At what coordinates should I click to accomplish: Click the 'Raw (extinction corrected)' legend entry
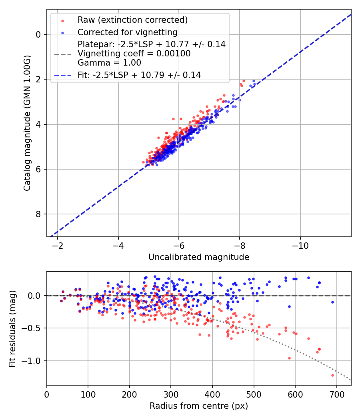tap(132, 20)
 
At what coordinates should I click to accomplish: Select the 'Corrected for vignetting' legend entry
tap(127, 32)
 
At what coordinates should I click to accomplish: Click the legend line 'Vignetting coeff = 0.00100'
tap(134, 54)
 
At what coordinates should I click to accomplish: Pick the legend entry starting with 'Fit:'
tap(139, 75)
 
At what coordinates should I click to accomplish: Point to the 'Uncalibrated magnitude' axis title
tap(199, 257)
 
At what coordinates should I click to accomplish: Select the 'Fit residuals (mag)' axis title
tap(12, 328)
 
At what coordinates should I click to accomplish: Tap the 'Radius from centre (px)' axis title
tap(199, 406)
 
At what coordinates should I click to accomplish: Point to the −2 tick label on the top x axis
tap(58, 245)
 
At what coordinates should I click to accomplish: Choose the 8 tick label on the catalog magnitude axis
tap(39, 214)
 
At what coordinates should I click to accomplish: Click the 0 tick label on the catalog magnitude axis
tap(39, 34)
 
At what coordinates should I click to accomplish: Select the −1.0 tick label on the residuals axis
tap(34, 361)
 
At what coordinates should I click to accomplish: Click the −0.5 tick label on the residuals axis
tap(34, 328)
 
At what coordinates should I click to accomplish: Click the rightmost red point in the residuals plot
tap(332, 375)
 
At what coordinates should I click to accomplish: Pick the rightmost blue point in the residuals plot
tap(332, 302)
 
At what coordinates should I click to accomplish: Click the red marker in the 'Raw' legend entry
tap(62, 20)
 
